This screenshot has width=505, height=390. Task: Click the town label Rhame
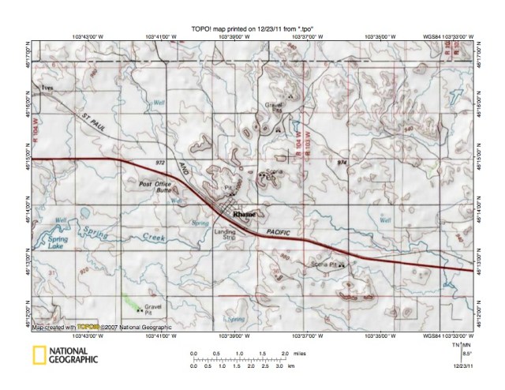(x=244, y=212)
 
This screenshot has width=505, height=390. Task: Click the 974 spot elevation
(x=342, y=162)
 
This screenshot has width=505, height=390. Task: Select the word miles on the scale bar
(x=299, y=354)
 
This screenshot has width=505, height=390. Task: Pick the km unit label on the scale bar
(x=292, y=367)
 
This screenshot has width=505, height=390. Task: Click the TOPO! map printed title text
(x=252, y=27)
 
